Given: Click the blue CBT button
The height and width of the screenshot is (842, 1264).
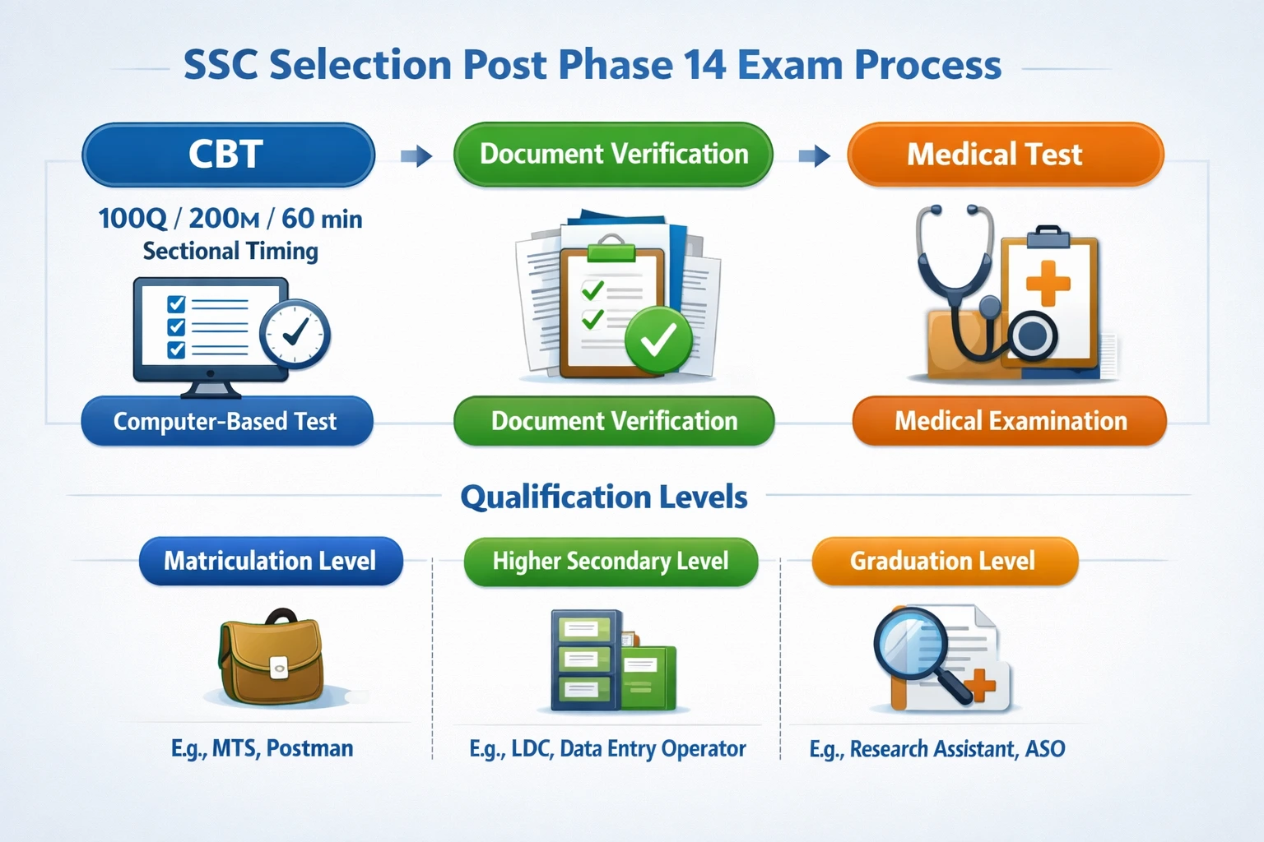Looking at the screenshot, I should pos(228,155).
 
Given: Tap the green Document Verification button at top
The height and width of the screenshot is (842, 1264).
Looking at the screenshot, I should pos(613,155).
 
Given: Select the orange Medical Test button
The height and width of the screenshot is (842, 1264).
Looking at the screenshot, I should pos(1005,155).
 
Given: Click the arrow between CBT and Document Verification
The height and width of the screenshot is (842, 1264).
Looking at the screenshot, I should pos(416,155).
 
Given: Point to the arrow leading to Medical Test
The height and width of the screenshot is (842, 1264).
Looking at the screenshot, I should pos(815,155).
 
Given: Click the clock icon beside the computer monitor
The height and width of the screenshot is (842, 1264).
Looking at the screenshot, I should pos(295,333).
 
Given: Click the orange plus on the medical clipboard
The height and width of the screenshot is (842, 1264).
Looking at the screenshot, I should pos(1048,283).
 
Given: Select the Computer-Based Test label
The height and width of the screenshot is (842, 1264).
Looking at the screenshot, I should pos(226,421).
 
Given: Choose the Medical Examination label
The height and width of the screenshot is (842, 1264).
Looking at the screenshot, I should pos(1010,421).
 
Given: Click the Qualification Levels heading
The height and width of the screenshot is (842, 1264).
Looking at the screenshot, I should pos(603,497).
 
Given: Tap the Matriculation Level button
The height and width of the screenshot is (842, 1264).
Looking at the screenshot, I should pos(271,561).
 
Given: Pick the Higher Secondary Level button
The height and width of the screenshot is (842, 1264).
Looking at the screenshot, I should pos(610,562).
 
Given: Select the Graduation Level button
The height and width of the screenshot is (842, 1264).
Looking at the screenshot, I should pos(944,562).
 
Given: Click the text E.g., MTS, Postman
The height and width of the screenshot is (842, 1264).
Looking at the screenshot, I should pos(262,748).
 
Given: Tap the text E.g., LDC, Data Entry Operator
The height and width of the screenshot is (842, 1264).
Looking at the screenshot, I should pos(607,749).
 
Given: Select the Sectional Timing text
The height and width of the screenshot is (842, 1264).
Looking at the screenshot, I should pos(230,251).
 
